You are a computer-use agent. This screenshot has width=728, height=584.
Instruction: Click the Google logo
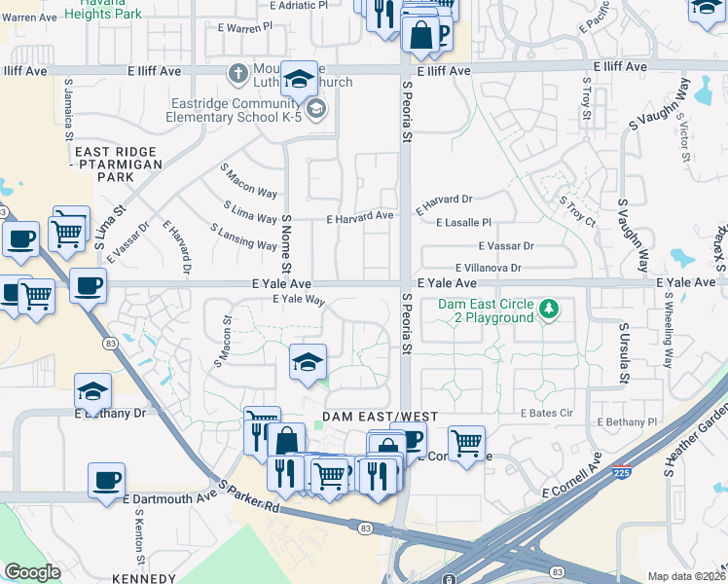pyautogui.click(x=32, y=572)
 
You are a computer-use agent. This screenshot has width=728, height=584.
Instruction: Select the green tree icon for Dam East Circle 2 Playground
pyautogui.click(x=550, y=310)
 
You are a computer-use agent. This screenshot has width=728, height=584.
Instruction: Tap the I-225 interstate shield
pyautogui.click(x=619, y=473)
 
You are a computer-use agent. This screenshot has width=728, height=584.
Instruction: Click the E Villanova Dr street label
pyautogui.click(x=489, y=268)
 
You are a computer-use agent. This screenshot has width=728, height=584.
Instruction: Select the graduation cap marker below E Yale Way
pyautogui.click(x=307, y=362)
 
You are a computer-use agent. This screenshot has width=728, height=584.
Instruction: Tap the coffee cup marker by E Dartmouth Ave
pyautogui.click(x=106, y=480)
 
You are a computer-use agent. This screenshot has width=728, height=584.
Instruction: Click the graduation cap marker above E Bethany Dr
pyautogui.click(x=93, y=391)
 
